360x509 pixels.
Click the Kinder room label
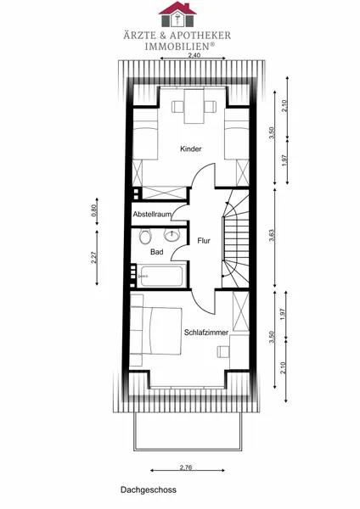click(x=191, y=149)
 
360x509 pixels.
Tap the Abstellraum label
click(x=152, y=215)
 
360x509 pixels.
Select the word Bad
click(x=156, y=252)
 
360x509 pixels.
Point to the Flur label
click(x=204, y=241)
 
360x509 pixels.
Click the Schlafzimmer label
click(x=206, y=333)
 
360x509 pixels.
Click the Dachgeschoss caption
click(x=149, y=489)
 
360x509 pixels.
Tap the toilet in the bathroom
click(x=145, y=236)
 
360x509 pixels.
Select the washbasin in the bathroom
click(x=172, y=235)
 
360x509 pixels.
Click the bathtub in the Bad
click(x=161, y=276)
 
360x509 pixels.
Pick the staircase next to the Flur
click(x=235, y=238)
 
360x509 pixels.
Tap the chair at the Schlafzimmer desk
click(x=223, y=351)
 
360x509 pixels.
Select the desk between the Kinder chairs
click(x=194, y=106)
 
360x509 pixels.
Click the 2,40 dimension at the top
click(x=194, y=55)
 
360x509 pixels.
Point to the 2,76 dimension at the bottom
click(x=186, y=467)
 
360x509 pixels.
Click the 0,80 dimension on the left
click(x=94, y=210)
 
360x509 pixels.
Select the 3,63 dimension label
click(x=272, y=236)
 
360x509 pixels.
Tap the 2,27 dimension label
click(x=94, y=257)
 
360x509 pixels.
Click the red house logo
click(x=177, y=14)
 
